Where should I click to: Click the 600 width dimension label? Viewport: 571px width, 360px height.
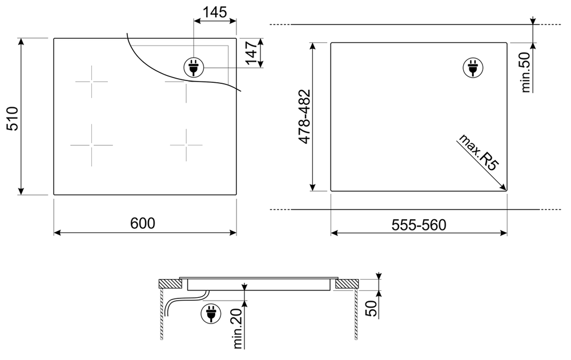(143, 224)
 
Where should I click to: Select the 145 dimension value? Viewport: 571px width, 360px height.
(215, 12)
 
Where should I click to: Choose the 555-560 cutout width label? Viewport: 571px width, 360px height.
(419, 225)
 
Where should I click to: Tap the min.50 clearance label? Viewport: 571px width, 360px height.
(526, 72)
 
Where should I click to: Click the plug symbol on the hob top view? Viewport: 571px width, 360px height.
(193, 67)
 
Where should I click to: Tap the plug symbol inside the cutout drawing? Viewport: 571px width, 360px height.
(472, 67)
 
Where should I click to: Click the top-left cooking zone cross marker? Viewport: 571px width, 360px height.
(91, 82)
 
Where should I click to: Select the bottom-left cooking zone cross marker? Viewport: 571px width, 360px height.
(91, 145)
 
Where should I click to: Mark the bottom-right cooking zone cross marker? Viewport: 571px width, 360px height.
(186, 145)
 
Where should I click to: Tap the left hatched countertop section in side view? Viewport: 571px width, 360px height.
(169, 283)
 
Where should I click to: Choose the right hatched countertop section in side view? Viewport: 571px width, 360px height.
(347, 283)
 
